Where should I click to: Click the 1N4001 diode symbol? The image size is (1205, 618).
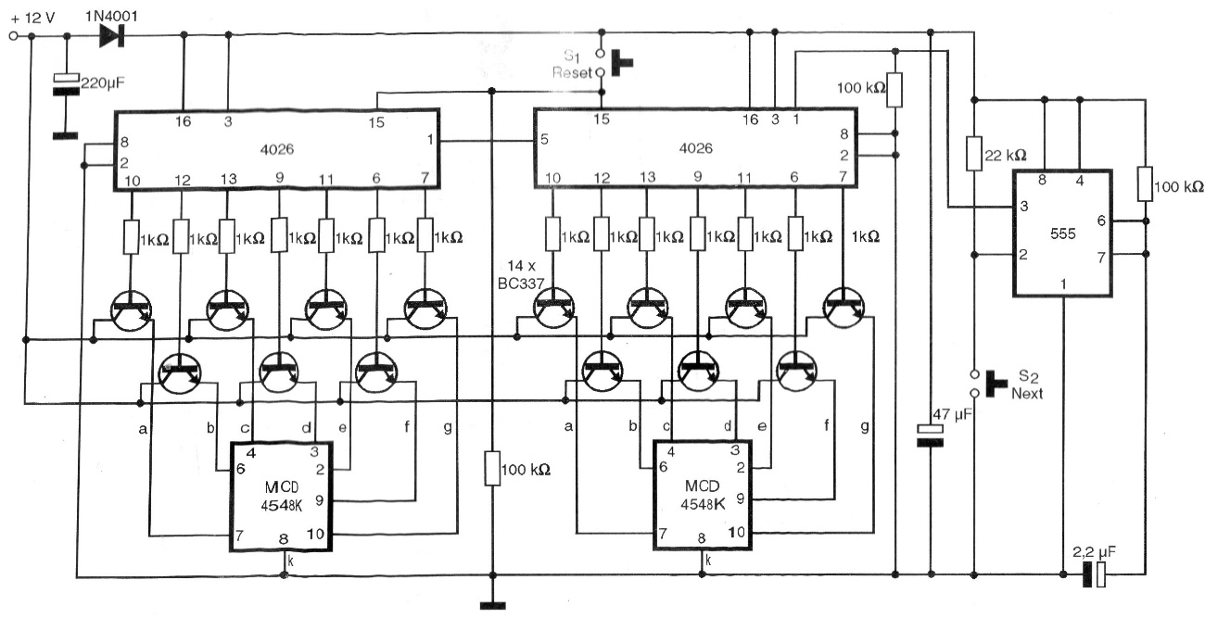click(x=112, y=36)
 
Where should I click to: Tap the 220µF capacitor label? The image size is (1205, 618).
click(x=103, y=83)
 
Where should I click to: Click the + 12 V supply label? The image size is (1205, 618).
click(x=33, y=19)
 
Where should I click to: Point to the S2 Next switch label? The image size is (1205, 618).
click(x=1027, y=385)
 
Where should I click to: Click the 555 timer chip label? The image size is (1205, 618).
click(x=1063, y=234)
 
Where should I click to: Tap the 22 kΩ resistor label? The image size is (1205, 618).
click(x=1006, y=156)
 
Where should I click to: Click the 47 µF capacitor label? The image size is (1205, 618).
click(x=953, y=415)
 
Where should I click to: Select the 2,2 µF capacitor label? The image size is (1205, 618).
click(x=1094, y=552)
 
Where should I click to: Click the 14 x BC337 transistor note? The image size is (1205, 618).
click(x=521, y=274)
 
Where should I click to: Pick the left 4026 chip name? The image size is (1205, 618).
click(x=277, y=149)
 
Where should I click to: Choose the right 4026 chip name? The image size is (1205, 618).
click(x=695, y=148)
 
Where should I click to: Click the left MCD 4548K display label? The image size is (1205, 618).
click(x=282, y=497)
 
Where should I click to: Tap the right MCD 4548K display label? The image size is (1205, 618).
click(x=703, y=495)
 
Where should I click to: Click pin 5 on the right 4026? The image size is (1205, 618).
click(x=544, y=140)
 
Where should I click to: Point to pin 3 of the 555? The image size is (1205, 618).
click(x=1023, y=206)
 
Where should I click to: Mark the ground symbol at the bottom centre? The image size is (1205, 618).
click(x=492, y=606)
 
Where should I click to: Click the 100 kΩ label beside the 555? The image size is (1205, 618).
click(x=1179, y=186)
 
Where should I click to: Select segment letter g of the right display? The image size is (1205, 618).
click(x=865, y=426)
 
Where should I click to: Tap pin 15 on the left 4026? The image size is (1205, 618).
click(x=376, y=122)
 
